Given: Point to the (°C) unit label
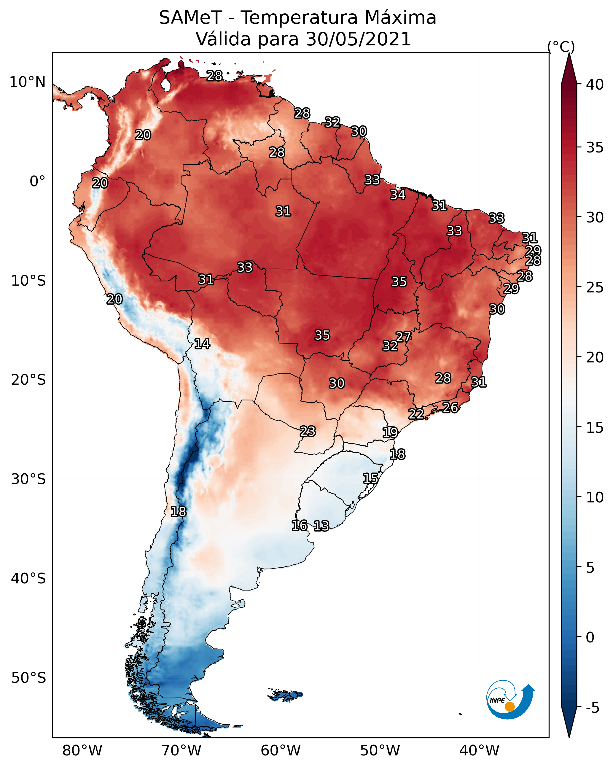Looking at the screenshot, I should [x=561, y=47].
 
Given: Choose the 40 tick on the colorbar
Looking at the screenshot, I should [x=595, y=85].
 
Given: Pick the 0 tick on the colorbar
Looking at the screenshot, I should [x=590, y=637].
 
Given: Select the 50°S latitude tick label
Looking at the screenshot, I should [x=28, y=678].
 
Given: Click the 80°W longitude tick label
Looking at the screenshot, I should [x=82, y=751].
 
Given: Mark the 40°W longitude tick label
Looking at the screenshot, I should [x=479, y=751].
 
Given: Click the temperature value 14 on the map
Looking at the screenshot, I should [x=202, y=344].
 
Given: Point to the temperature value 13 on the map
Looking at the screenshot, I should [x=321, y=526].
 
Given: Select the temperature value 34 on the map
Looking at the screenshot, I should [x=397, y=195].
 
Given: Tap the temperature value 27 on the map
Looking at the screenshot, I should [x=403, y=337].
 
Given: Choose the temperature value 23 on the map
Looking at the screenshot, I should [x=307, y=431].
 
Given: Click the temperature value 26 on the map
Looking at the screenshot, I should [x=450, y=407].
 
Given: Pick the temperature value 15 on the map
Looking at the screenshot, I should [x=370, y=478].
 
